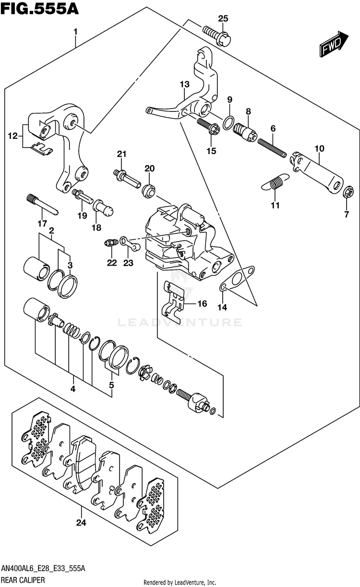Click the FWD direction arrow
[x=334, y=44]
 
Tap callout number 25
[x=223, y=19]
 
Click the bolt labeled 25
[x=217, y=36]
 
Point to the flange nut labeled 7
[x=348, y=191]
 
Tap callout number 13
[x=185, y=85]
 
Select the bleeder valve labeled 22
[x=110, y=243]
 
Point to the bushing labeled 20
[x=149, y=191]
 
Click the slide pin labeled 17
[x=42, y=204]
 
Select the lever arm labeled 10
[x=317, y=172]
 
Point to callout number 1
[x=75, y=32]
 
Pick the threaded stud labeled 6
[x=272, y=148]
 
